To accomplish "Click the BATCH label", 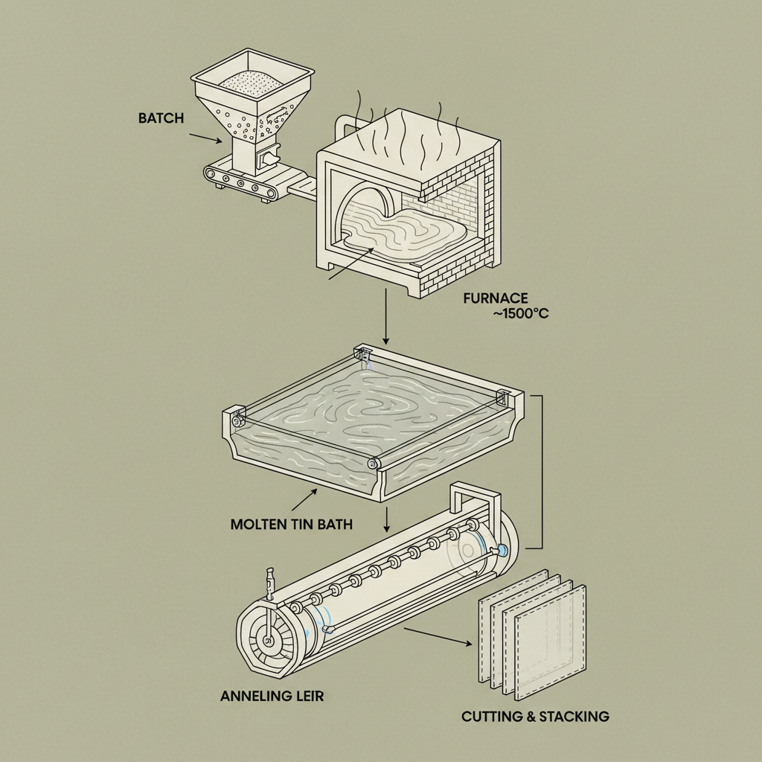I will [161, 118].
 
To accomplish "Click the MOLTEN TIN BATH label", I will [292, 524].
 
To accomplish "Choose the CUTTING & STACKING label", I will [535, 717].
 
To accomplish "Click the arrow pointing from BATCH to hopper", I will [205, 138].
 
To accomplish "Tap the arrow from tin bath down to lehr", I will [387, 519].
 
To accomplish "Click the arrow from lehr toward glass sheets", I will [439, 637].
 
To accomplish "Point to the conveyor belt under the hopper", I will [242, 183].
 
